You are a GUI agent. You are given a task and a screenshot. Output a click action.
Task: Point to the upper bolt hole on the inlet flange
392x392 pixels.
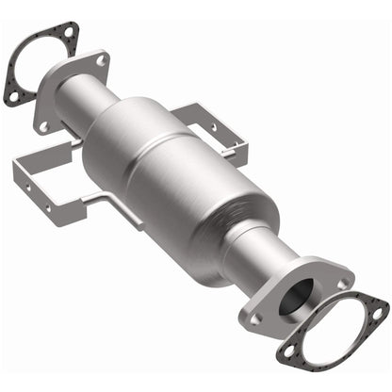click(x=100, y=60)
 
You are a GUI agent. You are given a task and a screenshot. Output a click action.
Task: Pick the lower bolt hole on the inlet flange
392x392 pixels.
click(x=42, y=123)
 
